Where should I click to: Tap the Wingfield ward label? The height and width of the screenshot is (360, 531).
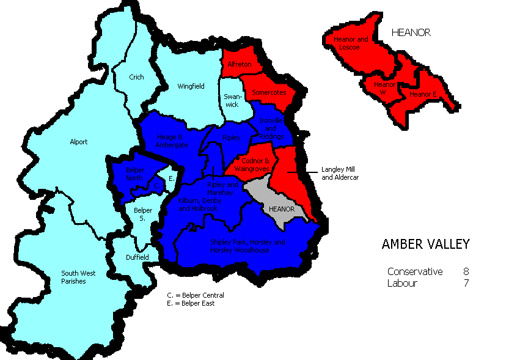pyautogui.click(x=190, y=86)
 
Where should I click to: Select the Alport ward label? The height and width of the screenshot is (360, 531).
pyautogui.click(x=78, y=142)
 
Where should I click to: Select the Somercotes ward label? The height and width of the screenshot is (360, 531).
pyautogui.click(x=268, y=92)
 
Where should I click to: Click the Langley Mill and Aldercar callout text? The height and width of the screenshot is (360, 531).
pyautogui.click(x=340, y=173)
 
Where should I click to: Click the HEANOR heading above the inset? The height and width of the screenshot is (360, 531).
pyautogui.click(x=411, y=32)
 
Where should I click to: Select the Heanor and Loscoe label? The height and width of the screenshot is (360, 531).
pyautogui.click(x=351, y=43)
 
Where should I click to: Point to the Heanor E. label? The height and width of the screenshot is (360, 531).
pyautogui.click(x=422, y=95)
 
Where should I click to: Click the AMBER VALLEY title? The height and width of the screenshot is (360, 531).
pyautogui.click(x=425, y=244)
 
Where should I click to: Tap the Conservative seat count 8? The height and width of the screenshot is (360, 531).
pyautogui.click(x=466, y=271)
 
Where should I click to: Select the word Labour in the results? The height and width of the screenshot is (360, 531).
pyautogui.click(x=402, y=283)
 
